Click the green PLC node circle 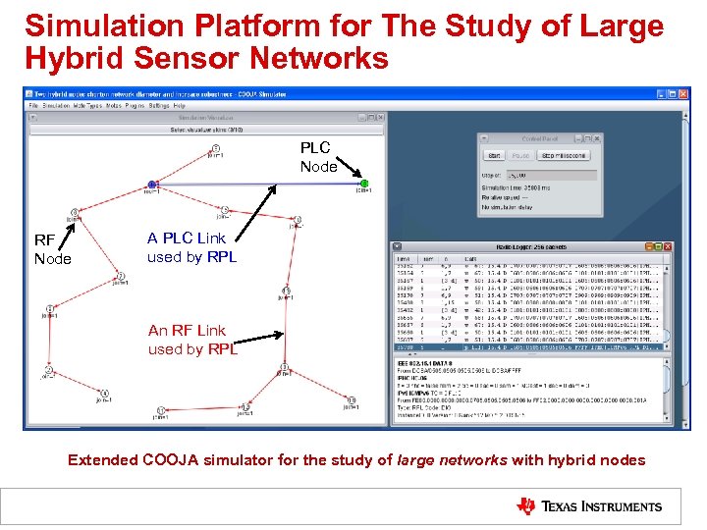(x=364, y=184)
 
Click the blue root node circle (x=152, y=184)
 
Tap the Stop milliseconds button (x=565, y=155)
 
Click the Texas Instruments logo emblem (x=526, y=506)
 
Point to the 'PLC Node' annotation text (x=318, y=157)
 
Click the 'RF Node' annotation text (x=53, y=249)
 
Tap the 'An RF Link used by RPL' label (x=192, y=340)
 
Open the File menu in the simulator (x=33, y=105)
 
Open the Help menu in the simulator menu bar (x=180, y=105)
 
